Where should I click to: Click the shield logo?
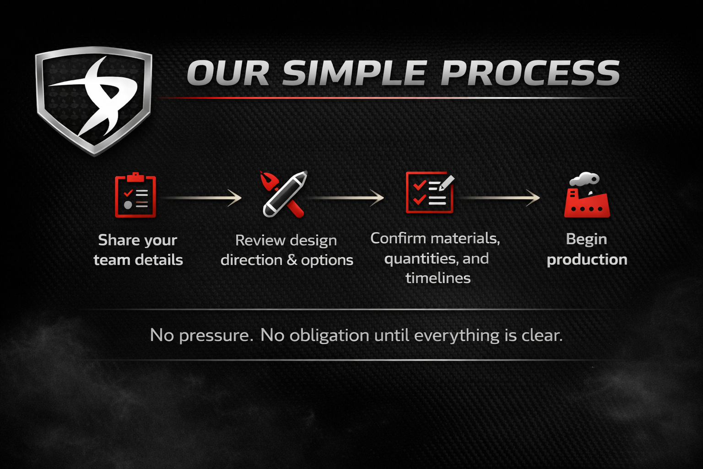(94, 100)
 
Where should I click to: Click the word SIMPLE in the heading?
(353, 73)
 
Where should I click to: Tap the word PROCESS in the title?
(530, 73)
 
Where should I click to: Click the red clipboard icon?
(135, 195)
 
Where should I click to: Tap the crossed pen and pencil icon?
(284, 194)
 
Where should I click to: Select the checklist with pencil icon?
(430, 192)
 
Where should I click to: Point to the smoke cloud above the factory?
(584, 180)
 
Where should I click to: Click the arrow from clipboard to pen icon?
(202, 198)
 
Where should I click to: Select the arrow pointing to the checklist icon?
(345, 198)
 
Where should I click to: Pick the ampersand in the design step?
(292, 260)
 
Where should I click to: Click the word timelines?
(438, 278)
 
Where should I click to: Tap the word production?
(587, 260)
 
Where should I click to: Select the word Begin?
(586, 240)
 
